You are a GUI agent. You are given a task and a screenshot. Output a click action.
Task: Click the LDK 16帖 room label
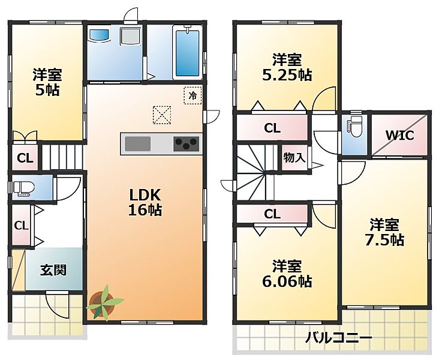[x=145, y=202]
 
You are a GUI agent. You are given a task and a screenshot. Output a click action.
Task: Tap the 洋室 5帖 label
[x=47, y=82]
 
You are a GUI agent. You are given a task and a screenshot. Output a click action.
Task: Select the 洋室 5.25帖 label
[x=287, y=67]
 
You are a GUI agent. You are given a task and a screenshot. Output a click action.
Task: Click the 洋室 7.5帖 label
[x=384, y=232]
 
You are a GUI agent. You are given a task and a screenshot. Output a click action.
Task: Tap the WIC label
[x=399, y=136]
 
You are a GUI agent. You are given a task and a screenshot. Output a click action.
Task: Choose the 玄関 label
[x=53, y=271]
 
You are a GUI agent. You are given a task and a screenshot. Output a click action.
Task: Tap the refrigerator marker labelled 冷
[x=193, y=95]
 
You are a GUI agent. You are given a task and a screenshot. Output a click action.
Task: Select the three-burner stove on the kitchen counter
[x=187, y=144]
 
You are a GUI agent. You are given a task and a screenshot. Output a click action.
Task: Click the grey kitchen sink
[x=137, y=144]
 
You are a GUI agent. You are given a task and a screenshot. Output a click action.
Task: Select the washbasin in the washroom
[x=100, y=35]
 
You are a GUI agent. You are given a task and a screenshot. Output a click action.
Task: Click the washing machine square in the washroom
[x=130, y=37]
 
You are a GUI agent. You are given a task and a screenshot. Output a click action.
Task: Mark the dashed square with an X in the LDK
[x=162, y=115]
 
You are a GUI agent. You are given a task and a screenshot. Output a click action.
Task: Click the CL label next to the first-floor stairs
[x=25, y=158]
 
